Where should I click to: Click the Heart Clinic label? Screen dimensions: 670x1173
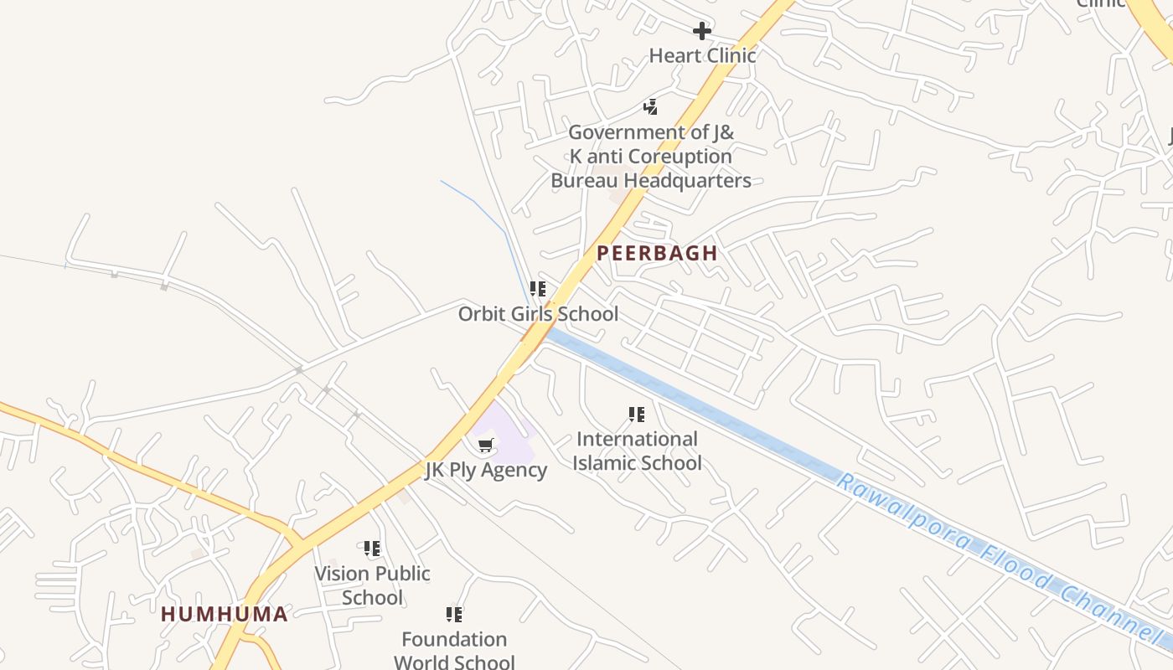(x=702, y=55)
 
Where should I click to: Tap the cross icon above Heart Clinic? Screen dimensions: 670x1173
(x=702, y=32)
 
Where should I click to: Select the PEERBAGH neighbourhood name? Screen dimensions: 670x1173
(x=657, y=253)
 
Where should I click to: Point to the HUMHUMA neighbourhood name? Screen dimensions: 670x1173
(x=225, y=614)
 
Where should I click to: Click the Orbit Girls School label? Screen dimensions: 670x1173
(x=538, y=314)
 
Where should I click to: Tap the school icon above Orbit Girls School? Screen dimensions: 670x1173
(x=538, y=290)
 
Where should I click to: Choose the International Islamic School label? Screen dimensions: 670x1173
(x=637, y=451)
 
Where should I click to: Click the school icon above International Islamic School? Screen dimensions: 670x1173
(x=637, y=415)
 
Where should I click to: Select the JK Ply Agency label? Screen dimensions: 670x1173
(x=486, y=470)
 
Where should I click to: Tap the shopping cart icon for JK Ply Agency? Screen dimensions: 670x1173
(x=486, y=445)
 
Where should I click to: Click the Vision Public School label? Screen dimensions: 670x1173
(x=372, y=585)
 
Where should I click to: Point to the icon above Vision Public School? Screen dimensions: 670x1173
(x=372, y=549)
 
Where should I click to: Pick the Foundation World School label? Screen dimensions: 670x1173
(x=454, y=651)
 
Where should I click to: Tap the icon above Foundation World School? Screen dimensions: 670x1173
(x=454, y=615)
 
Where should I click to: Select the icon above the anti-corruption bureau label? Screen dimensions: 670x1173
(x=650, y=107)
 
